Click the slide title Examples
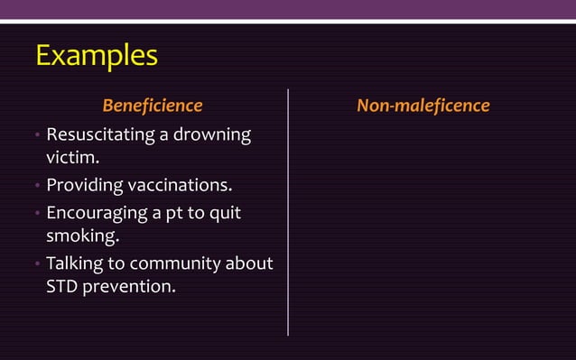pyautogui.click(x=96, y=56)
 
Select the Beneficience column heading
pyautogui.click(x=152, y=106)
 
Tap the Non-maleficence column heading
pyautogui.click(x=423, y=106)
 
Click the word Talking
pyautogui.click(x=75, y=264)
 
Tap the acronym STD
pyautogui.click(x=62, y=290)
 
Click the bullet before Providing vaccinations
pyautogui.click(x=37, y=188)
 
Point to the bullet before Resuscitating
pyautogui.click(x=37, y=136)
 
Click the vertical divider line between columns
pyautogui.click(x=288, y=212)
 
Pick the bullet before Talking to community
pyautogui.click(x=37, y=265)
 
